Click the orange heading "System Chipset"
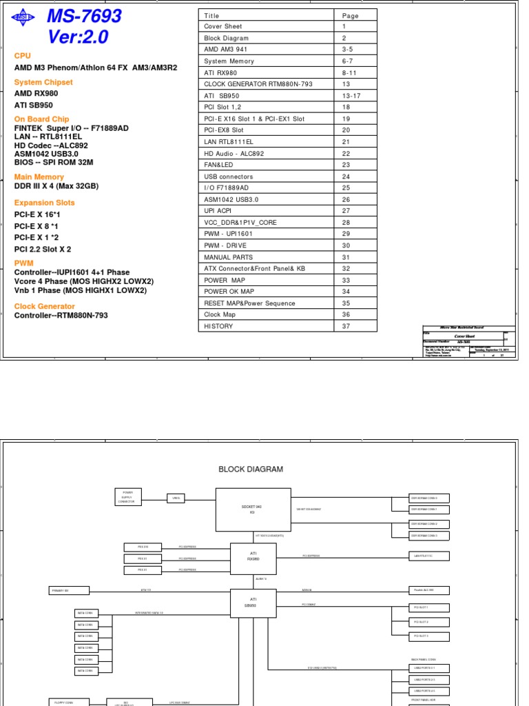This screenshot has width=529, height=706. pos(43,83)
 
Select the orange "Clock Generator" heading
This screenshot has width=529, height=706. pos(45,306)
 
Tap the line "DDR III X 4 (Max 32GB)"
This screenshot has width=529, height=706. pos(56,186)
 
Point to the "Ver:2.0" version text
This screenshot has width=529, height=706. pos(78,37)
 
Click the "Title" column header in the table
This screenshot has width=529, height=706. pos(212,15)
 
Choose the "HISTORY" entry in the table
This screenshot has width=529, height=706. pos(218,326)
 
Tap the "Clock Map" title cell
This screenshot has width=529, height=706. pos(220,314)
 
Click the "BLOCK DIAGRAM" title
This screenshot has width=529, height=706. pos(251,469)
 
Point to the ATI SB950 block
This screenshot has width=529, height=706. pos(253,603)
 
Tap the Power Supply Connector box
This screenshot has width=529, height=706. pos(128,497)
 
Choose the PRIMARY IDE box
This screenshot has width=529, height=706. pos(69,590)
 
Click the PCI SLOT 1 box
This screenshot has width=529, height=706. pos(420,607)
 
